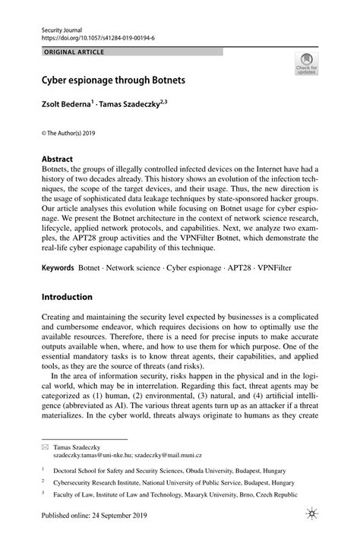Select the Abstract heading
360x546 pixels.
tap(57, 160)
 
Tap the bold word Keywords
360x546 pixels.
tap(57, 268)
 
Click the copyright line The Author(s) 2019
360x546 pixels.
tap(68, 133)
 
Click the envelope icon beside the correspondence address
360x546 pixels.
tap(44, 449)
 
